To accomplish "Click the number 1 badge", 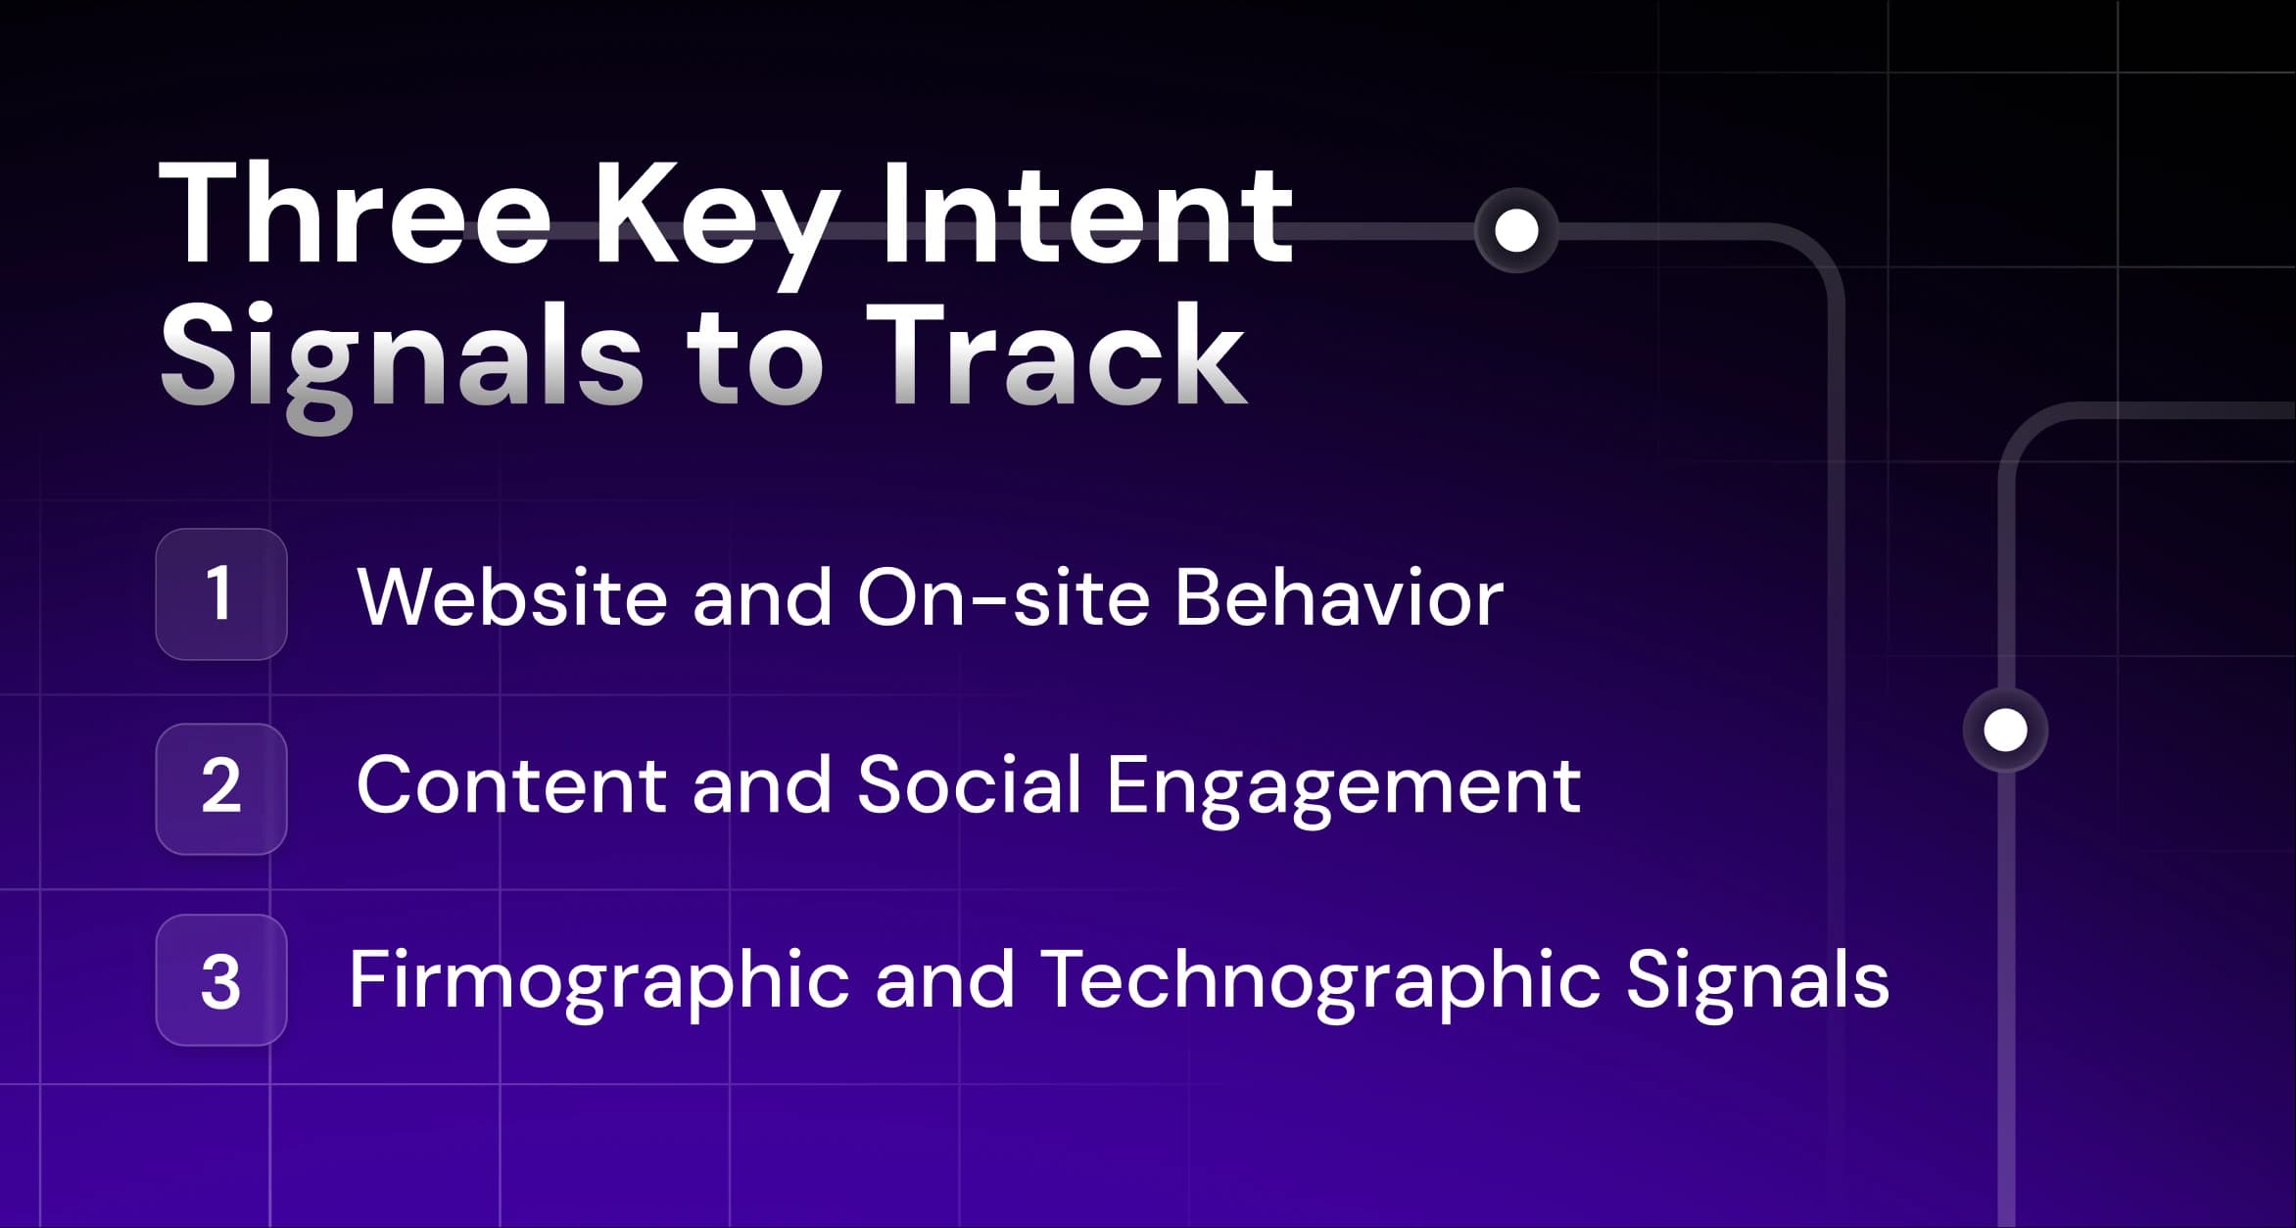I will (221, 594).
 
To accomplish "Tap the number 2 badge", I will (221, 788).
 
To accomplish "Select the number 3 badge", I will (221, 980).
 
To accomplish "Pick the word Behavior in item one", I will (1338, 597).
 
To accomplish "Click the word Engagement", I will (1343, 789).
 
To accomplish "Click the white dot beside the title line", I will (1516, 230).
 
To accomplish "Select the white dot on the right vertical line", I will (2005, 730).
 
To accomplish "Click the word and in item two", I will (761, 785).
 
